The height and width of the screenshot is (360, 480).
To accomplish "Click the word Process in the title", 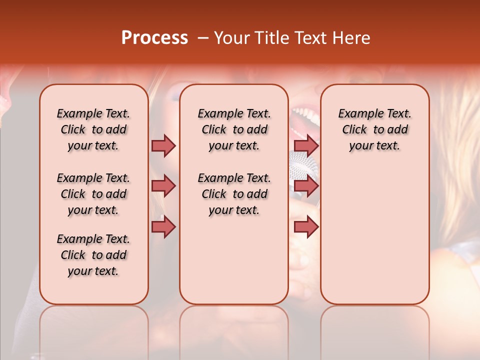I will coord(154,38).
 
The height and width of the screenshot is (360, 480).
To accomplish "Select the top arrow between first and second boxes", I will coord(163,145).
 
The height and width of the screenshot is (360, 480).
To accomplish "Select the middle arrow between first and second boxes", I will coord(163,186).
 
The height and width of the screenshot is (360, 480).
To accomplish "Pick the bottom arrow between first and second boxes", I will coord(163,227).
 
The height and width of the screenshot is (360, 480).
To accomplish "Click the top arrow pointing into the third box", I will coord(306,145).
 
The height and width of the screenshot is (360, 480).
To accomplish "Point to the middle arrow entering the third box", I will coord(306,186).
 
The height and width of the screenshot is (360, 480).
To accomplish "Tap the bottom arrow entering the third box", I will coord(306,227).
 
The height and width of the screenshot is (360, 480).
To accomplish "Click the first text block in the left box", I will coord(93,129).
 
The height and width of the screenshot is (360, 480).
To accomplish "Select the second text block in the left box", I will coord(93,194).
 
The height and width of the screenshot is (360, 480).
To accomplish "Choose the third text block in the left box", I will coord(93,255).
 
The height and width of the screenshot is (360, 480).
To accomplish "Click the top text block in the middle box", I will coord(234,129).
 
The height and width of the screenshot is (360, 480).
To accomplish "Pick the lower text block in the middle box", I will coord(234,194).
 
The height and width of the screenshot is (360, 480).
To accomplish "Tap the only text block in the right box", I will coord(374,129).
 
